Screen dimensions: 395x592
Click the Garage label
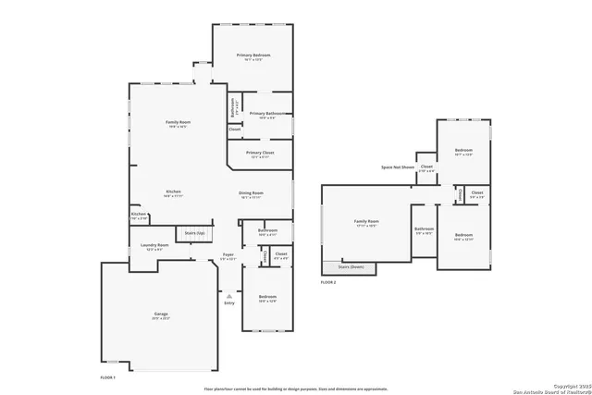pos(161,315)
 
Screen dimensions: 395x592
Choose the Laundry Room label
pos(154,246)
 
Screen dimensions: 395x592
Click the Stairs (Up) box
pos(195,235)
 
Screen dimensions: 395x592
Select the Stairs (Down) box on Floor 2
pos(351,267)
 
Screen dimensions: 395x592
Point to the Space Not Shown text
pos(398,167)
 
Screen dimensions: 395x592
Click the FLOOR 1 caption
pos(109,378)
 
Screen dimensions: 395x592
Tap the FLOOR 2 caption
pos(328,281)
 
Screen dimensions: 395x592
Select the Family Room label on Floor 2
pos(366,223)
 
